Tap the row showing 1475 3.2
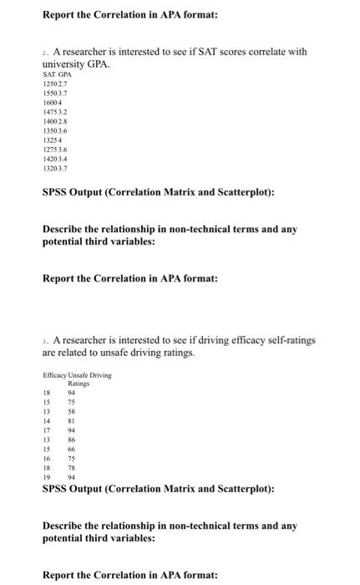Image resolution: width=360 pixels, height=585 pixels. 55,113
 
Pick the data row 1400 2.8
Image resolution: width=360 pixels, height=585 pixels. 55,122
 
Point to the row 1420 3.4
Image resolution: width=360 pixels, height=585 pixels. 55,160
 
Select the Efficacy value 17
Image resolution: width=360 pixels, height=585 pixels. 48,431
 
